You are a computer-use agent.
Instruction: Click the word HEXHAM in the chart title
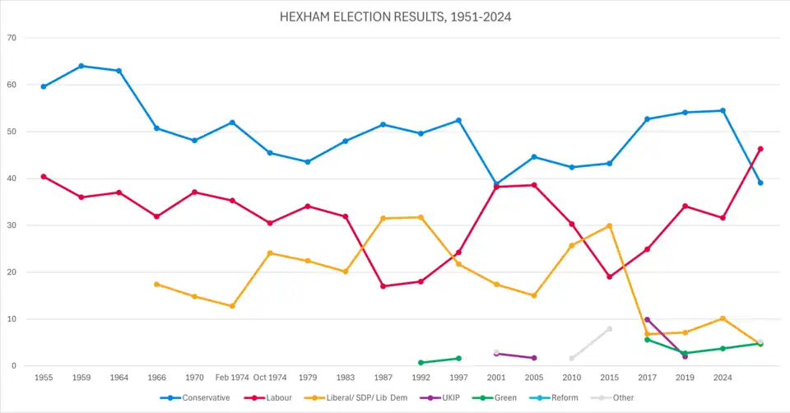(x=308, y=16)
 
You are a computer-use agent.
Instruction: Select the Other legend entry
(x=620, y=398)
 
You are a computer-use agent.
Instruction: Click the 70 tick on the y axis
(x=12, y=38)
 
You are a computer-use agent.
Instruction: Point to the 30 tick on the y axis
(x=12, y=225)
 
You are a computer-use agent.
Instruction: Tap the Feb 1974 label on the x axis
(x=232, y=378)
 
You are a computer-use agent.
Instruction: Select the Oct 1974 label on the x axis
(x=270, y=378)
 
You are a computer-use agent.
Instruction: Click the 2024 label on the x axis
(x=723, y=378)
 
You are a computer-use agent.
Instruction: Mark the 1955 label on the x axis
(x=44, y=378)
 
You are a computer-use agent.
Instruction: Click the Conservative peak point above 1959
(x=81, y=66)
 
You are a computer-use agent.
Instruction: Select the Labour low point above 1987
(x=383, y=286)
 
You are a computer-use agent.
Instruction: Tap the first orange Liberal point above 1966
(x=156, y=284)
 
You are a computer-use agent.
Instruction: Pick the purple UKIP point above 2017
(x=647, y=319)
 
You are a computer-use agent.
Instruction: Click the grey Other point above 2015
(x=610, y=329)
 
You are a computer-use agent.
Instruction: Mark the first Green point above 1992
(x=421, y=363)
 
